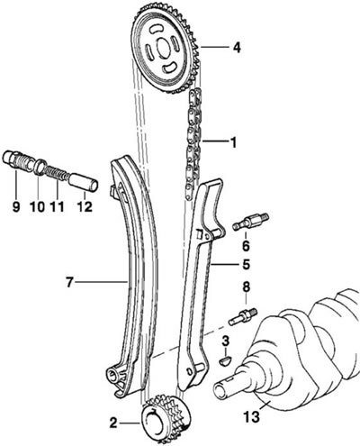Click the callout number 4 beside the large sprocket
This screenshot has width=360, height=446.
point(237,48)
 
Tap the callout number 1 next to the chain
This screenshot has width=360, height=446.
point(233,142)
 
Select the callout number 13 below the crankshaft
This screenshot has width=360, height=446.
point(252,417)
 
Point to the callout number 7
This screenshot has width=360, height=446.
point(69,282)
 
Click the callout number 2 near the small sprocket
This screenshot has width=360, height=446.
point(113,423)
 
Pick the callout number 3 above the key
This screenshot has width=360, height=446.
point(226,341)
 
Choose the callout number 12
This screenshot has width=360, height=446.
point(85,206)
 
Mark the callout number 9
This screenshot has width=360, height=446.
point(16,206)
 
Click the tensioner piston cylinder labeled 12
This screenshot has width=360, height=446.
point(84,181)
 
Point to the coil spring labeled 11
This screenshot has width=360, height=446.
point(57,175)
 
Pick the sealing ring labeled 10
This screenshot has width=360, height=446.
point(40,167)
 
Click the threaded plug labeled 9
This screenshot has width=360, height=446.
point(17,161)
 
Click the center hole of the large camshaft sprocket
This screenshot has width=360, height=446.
point(164,49)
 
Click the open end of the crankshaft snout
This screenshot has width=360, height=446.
point(220,392)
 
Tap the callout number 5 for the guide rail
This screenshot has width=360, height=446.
point(246,265)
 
